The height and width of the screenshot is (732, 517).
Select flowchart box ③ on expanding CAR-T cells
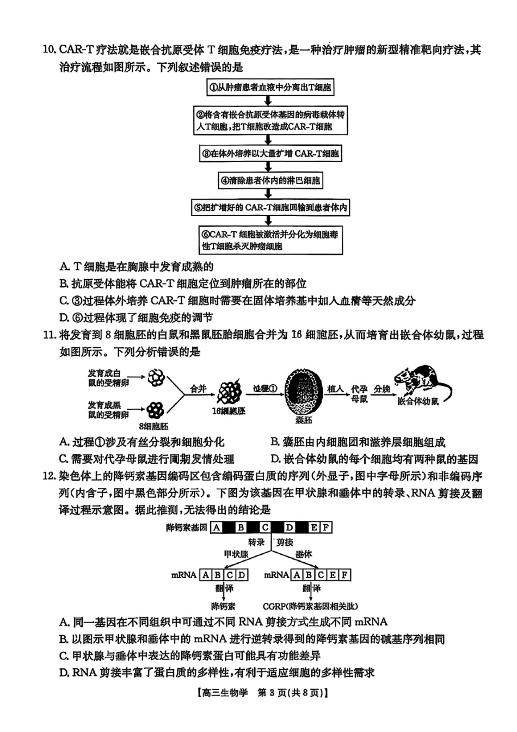[270, 153]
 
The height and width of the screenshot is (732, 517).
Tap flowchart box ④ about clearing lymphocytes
[270, 180]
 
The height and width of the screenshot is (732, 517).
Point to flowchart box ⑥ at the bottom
[270, 240]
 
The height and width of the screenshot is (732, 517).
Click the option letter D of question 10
[64, 317]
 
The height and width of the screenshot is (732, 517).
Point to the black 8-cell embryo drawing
[157, 410]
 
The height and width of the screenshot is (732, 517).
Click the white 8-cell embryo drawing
[157, 377]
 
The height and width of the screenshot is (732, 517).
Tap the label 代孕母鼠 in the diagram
[359, 393]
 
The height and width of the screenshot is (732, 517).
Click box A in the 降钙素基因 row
[217, 527]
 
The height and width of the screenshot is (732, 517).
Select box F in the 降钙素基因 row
[325, 527]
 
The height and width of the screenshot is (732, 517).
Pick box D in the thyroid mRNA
[242, 574]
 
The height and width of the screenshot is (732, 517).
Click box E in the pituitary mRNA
[333, 574]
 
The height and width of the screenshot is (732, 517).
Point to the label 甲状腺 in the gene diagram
[236, 554]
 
